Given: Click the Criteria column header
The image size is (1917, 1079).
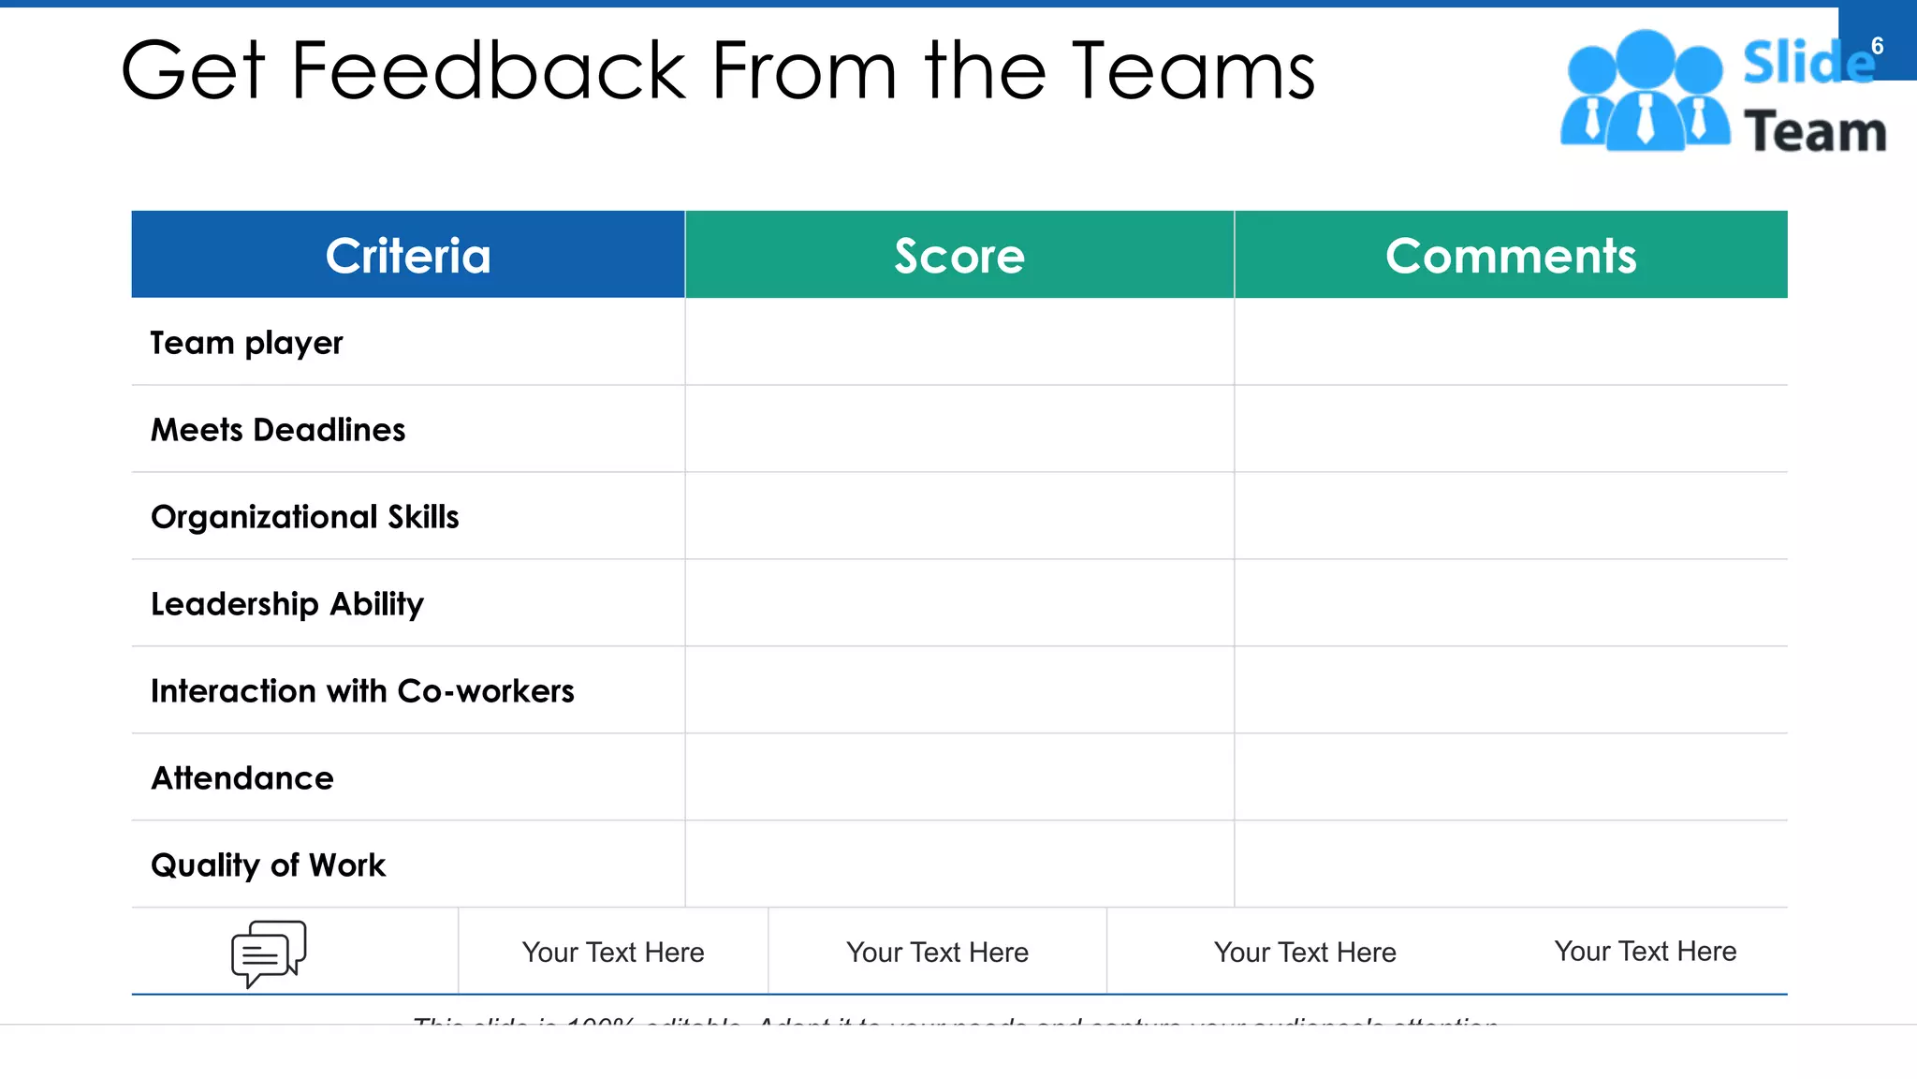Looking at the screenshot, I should point(408,255).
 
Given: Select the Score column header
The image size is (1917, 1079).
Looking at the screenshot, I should point(959,255).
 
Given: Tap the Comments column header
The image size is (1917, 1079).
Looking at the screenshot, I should point(1511,255).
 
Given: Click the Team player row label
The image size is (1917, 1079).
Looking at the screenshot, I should point(247,343).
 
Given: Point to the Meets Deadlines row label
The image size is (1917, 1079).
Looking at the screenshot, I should point(278,430).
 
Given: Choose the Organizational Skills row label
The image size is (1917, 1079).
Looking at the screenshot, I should point(305,517).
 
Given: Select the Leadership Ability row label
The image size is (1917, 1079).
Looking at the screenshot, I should point(287,604).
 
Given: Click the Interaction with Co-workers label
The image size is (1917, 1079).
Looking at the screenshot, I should point(362,691).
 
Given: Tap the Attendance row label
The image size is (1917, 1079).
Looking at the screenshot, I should point(242,778).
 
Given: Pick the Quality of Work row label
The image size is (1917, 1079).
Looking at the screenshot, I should point(268,865).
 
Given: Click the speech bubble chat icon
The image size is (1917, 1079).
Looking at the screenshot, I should point(269,953).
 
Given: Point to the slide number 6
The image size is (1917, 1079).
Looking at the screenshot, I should point(1877,46).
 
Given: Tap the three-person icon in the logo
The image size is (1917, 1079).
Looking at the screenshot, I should point(1645,91).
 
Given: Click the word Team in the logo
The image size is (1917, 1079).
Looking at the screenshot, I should point(1815,131).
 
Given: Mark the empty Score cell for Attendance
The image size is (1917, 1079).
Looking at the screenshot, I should point(959,777).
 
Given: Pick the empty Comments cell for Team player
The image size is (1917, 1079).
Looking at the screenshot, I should point(1511,342).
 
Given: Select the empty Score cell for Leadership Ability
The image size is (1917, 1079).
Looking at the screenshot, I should point(959,603).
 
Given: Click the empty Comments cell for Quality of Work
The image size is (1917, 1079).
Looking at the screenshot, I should point(1511,865).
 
